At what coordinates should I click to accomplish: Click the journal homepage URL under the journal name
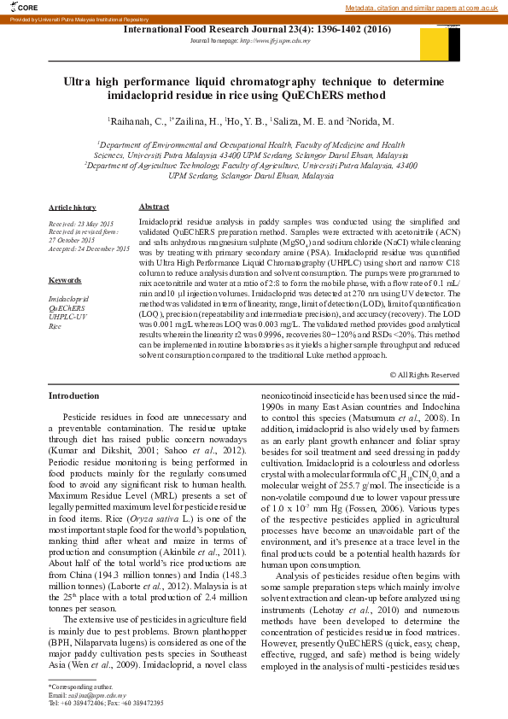click(256, 40)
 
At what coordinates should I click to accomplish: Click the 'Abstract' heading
click(154, 208)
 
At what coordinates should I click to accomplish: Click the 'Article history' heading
click(72, 208)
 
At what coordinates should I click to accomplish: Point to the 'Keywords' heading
click(65, 280)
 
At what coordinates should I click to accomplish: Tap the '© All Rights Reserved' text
click(423, 375)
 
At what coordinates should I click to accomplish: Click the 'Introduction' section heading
click(73, 396)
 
